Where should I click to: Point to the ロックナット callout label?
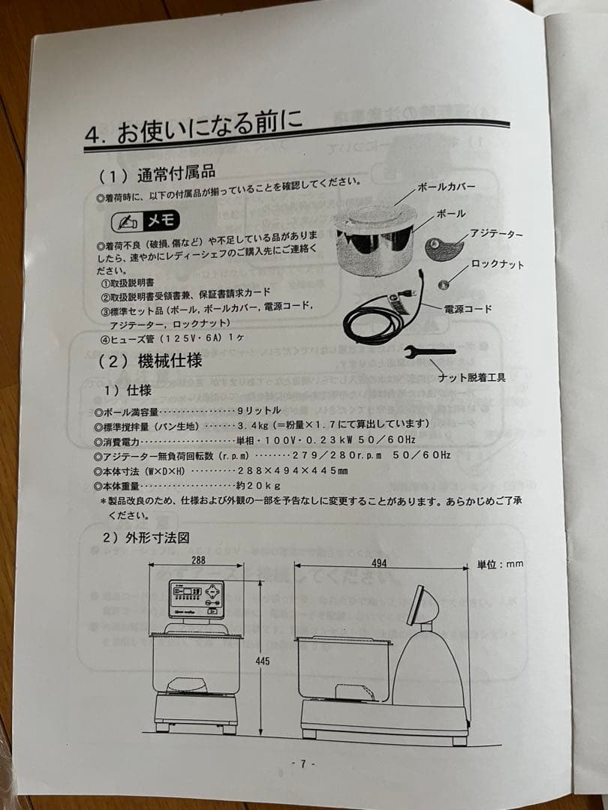pyautogui.click(x=498, y=264)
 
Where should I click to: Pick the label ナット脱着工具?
pyautogui.click(x=471, y=377)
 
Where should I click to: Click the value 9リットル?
pyautogui.click(x=259, y=410)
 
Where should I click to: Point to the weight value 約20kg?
pyautogui.click(x=259, y=485)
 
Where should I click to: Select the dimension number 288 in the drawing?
pyautogui.click(x=198, y=560)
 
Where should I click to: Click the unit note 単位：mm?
pyautogui.click(x=500, y=564)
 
